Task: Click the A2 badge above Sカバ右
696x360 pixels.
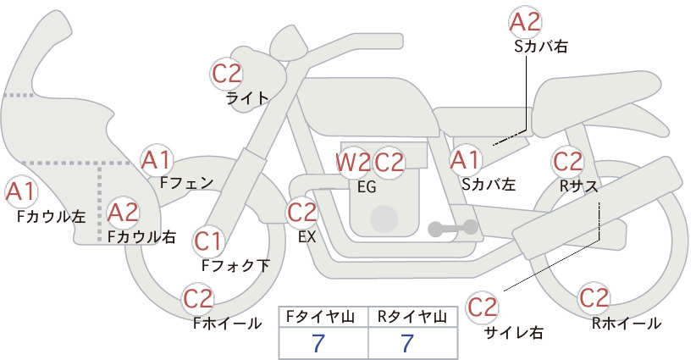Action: pyautogui.click(x=525, y=22)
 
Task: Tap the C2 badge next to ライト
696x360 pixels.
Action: pyautogui.click(x=226, y=74)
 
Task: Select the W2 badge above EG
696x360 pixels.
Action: pyautogui.click(x=353, y=163)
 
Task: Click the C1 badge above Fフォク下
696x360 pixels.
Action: pyautogui.click(x=207, y=241)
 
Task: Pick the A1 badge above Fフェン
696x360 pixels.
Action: pyautogui.click(x=156, y=160)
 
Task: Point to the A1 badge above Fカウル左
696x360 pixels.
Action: pyautogui.click(x=21, y=191)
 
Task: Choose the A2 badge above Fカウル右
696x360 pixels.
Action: pyautogui.click(x=123, y=213)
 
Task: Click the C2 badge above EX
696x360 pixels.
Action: pyautogui.click(x=302, y=212)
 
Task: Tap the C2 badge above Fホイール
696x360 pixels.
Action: pyautogui.click(x=198, y=298)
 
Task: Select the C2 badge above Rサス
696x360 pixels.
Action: pyautogui.click(x=567, y=162)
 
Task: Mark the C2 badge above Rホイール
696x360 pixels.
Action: pyautogui.click(x=594, y=297)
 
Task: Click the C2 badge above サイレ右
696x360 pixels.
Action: pyautogui.click(x=483, y=307)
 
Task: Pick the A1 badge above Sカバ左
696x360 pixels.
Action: pyautogui.click(x=466, y=160)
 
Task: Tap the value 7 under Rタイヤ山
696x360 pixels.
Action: pyautogui.click(x=407, y=343)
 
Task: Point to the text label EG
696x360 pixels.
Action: pyautogui.click(x=367, y=187)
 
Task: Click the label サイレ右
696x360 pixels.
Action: pyautogui.click(x=514, y=333)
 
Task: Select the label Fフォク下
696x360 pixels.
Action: pyautogui.click(x=235, y=265)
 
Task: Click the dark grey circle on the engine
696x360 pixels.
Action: pyautogui.click(x=384, y=219)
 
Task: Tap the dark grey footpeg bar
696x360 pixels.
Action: pyautogui.click(x=453, y=228)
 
